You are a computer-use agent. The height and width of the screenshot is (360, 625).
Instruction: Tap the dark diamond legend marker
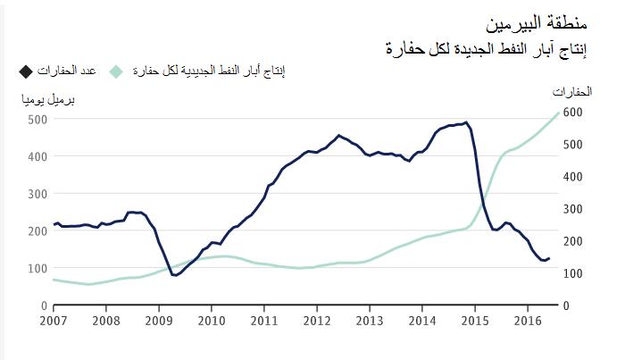(25, 71)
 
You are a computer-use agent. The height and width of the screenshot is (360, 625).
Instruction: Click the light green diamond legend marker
(115, 71)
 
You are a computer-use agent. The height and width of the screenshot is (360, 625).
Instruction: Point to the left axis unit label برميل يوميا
(47, 99)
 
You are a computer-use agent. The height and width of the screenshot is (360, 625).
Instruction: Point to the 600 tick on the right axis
(572, 113)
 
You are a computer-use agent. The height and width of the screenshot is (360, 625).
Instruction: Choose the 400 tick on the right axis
(572, 177)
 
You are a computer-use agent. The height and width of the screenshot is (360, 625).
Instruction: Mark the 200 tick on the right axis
(572, 241)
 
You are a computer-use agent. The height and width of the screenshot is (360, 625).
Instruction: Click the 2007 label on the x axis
(53, 320)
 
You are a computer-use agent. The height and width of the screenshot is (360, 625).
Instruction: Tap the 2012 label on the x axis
(316, 320)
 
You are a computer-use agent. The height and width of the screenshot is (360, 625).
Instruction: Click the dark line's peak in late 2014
(465, 122)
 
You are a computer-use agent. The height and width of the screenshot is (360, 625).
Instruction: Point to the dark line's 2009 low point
(174, 275)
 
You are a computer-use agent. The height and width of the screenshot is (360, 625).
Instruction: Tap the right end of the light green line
(559, 113)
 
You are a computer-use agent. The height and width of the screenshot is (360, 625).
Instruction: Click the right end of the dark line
(550, 258)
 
